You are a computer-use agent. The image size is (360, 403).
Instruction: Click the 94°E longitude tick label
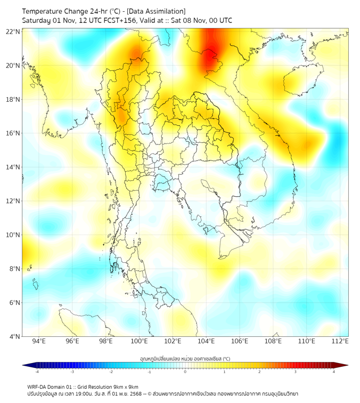click(39, 341)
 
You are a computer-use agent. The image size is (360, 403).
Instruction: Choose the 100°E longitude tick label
click(140, 341)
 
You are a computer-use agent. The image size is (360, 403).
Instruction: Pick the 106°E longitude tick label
click(240, 341)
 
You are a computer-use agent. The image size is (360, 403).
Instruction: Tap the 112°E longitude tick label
click(340, 341)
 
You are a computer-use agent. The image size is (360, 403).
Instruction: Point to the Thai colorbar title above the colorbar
click(185, 359)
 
